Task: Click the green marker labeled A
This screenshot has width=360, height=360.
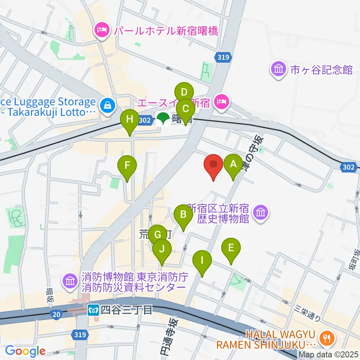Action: pyautogui.click(x=233, y=164)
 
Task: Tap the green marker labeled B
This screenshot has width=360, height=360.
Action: pyautogui.click(x=183, y=214)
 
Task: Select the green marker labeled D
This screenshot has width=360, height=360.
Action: pyautogui.click(x=184, y=92)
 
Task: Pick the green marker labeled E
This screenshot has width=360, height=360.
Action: pyautogui.click(x=231, y=248)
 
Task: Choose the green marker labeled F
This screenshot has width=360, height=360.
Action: pyautogui.click(x=127, y=165)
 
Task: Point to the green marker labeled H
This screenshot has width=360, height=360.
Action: pyautogui.click(x=130, y=120)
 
